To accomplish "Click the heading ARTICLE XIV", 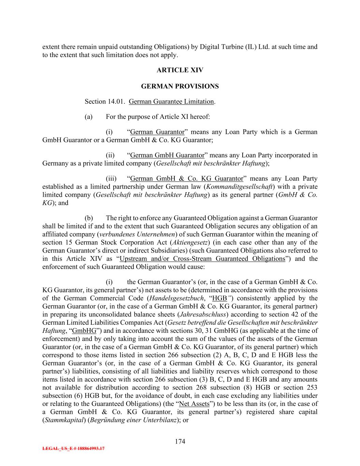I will [180, 70].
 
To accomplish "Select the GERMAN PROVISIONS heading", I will [180, 86].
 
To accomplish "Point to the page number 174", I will [180, 441].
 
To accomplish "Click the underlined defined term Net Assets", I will [194, 404].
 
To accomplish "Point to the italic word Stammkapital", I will [64, 420].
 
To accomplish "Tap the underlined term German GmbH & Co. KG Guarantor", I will [187, 179].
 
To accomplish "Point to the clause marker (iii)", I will [111, 179].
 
